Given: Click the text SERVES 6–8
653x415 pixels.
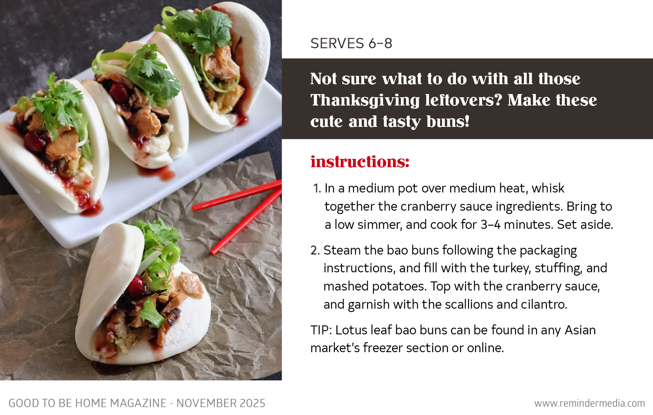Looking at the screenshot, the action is pos(351,43).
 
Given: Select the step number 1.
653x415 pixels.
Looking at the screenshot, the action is pos(317,189).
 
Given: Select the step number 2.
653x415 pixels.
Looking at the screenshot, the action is pos(315,251).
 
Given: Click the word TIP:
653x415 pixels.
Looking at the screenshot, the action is pos(321,330).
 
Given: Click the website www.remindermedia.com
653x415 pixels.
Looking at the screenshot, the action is pos(589,404).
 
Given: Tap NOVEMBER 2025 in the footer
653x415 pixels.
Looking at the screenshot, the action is pos(221,404).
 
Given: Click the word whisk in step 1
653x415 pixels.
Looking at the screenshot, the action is pos(548,189).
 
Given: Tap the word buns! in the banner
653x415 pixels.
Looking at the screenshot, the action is pos(448,122).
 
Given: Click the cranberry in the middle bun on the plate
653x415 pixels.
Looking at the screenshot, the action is pos(119,93).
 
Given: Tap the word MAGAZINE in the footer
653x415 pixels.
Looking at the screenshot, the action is pos(138,404).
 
